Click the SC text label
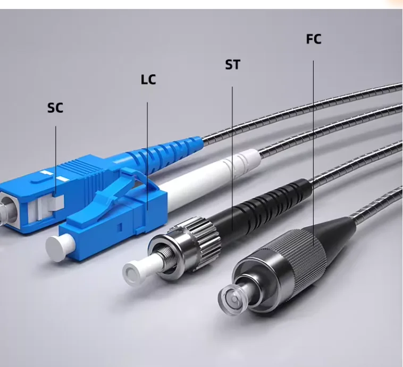[55, 108]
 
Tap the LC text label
[148, 80]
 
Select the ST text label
[232, 65]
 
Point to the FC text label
[314, 39]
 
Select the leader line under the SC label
[56, 154]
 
